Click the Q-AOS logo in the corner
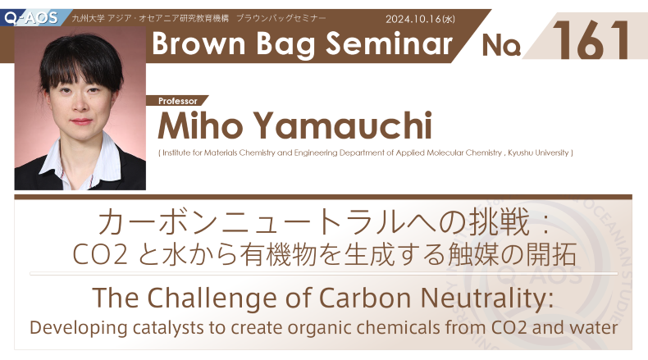point(30,18)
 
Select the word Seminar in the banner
point(389,43)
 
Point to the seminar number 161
point(591,40)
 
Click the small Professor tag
point(178,101)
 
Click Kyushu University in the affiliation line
point(538,153)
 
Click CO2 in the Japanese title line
point(100,254)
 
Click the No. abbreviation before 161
point(501,44)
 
